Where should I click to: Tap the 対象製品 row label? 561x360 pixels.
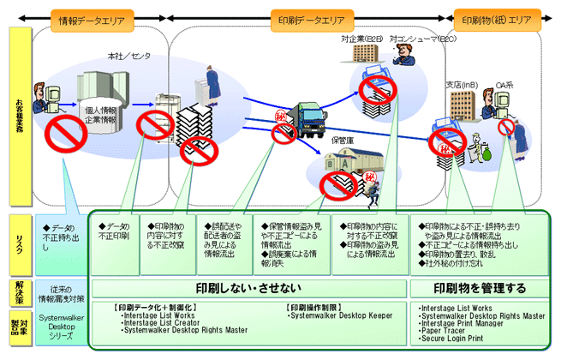click(x=21, y=323)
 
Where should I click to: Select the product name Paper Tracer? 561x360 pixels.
click(x=445, y=330)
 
